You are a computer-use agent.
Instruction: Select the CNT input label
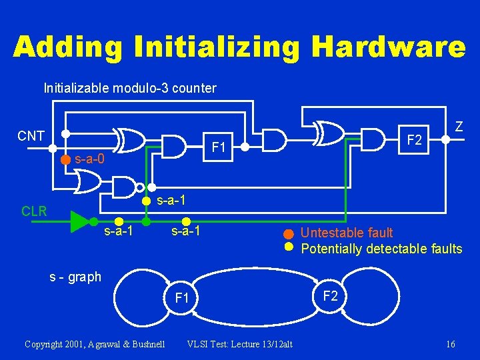(31, 137)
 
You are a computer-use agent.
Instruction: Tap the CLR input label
(34, 212)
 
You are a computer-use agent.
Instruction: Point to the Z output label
(459, 126)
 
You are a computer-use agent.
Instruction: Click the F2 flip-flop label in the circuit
(415, 140)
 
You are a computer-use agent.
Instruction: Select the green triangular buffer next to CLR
(80, 220)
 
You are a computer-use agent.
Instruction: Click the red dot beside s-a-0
(65, 159)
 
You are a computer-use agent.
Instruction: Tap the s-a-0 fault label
(89, 159)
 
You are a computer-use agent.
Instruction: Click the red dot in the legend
(288, 233)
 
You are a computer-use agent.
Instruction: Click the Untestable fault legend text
(347, 233)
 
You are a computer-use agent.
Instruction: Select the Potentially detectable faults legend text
(381, 249)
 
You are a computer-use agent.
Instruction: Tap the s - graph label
(75, 277)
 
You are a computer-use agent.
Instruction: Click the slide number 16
(451, 344)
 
